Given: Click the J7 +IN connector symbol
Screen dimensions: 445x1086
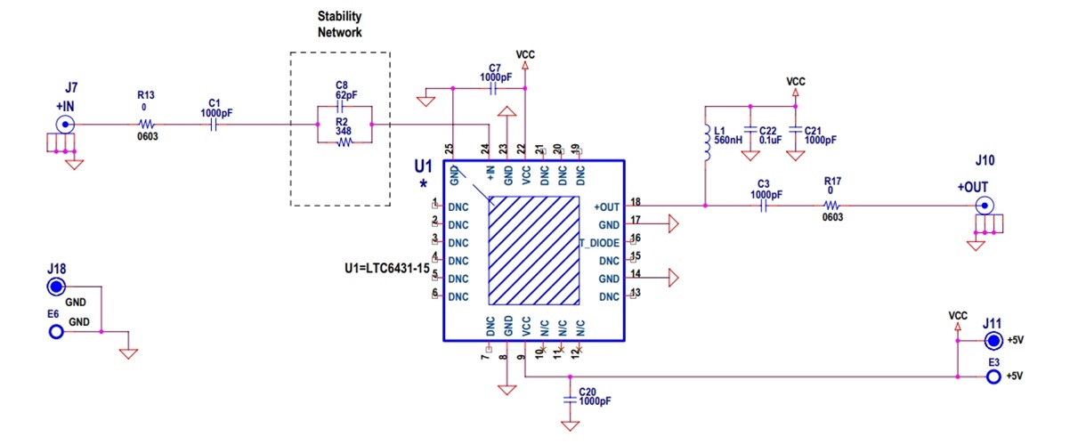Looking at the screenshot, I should point(65,125).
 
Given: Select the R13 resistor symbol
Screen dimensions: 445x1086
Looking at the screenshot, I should point(148,125).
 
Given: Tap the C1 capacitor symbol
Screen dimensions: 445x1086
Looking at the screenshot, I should point(213,125).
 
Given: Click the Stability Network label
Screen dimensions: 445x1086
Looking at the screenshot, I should point(340,24).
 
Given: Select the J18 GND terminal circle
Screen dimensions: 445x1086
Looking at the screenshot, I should point(56,287).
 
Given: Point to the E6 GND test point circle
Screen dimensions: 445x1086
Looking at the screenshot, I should point(56,332).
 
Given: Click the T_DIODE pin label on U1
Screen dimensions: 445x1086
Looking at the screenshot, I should point(600,243).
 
